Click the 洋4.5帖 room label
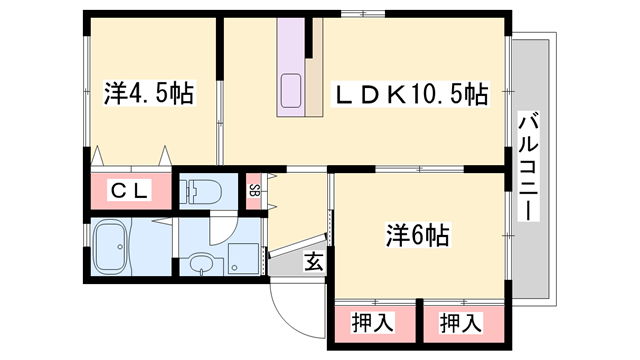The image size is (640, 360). (148, 95)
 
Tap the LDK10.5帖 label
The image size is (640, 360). (411, 96)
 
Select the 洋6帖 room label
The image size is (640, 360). (417, 237)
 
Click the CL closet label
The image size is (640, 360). (130, 191)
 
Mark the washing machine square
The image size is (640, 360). (242, 258)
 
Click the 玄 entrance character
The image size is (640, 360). (314, 262)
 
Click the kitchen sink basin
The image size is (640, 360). (295, 90)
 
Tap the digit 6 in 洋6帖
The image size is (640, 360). (416, 237)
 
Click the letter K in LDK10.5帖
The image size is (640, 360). (392, 96)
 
